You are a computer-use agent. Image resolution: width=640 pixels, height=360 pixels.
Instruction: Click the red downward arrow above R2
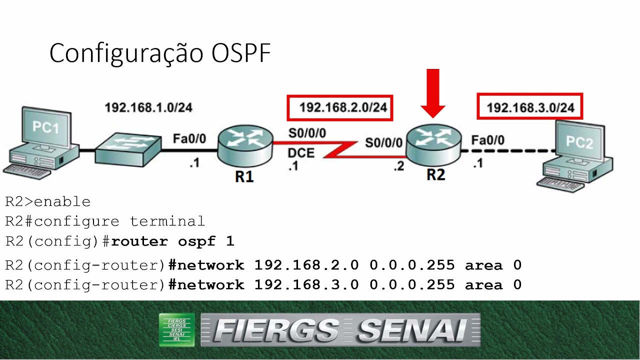click(433, 93)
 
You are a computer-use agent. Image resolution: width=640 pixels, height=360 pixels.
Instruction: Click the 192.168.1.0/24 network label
click(148, 107)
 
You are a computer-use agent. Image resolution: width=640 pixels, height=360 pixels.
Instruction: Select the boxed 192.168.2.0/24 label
click(339, 107)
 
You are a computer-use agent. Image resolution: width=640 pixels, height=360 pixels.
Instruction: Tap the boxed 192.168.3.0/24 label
click(530, 107)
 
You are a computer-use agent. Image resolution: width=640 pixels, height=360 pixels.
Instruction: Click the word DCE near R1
click(301, 153)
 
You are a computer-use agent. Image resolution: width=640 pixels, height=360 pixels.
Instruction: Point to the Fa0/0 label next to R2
click(487, 140)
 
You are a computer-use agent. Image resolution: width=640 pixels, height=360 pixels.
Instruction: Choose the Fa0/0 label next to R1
click(189, 138)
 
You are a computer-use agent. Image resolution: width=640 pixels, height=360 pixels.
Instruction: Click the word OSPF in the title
click(241, 53)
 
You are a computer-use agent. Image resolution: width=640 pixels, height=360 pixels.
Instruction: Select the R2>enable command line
click(48, 202)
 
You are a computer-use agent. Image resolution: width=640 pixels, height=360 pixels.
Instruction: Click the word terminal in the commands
click(167, 221)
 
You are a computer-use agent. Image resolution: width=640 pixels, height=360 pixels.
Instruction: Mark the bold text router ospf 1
click(172, 241)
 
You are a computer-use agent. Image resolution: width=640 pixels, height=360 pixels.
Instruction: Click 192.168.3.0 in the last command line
click(306, 285)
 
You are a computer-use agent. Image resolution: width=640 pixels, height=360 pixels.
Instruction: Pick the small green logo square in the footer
click(176, 329)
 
